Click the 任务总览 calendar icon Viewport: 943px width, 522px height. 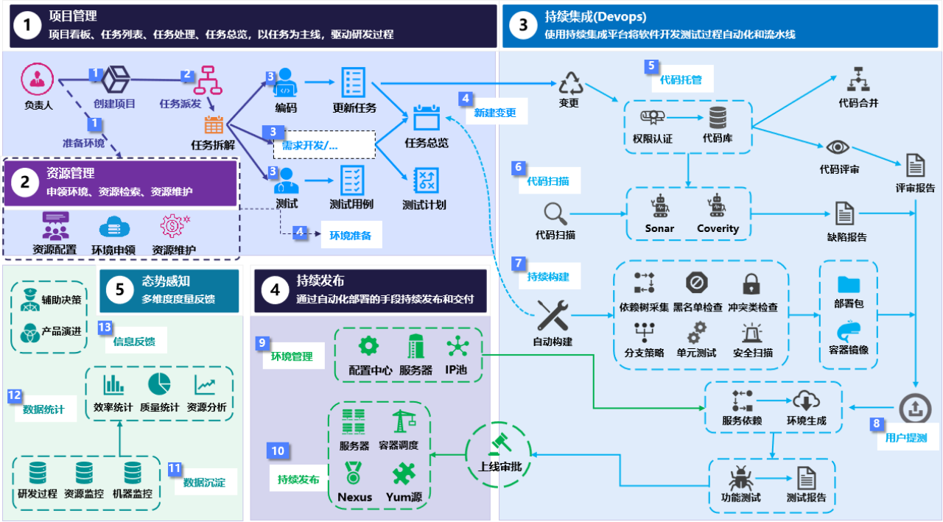[427, 119]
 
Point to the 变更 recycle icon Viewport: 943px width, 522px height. [570, 83]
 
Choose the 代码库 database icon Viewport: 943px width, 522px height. [718, 118]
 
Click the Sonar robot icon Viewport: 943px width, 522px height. [659, 208]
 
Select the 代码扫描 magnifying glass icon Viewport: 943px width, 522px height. [555, 214]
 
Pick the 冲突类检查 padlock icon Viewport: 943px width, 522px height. [751, 284]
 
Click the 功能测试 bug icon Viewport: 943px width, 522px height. [740, 479]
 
